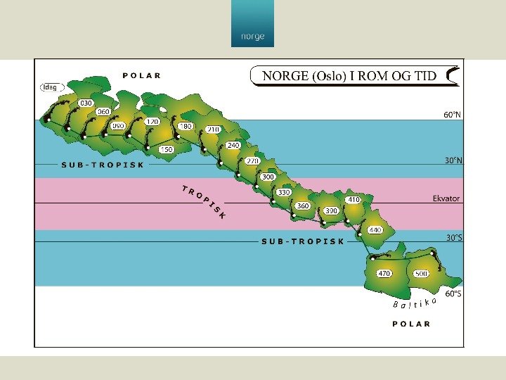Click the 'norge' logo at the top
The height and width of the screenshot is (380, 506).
(252, 36)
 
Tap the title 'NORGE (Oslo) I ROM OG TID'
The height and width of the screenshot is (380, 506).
(349, 76)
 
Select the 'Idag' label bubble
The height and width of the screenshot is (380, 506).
(51, 88)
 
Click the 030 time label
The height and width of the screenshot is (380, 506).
(86, 103)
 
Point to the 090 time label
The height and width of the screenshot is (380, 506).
(118, 125)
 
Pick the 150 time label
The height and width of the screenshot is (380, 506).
(167, 149)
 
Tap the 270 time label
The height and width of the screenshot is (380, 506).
(252, 160)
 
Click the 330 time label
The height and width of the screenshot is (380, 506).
(284, 191)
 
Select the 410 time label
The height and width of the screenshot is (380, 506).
(353, 200)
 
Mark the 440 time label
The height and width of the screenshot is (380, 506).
(375, 230)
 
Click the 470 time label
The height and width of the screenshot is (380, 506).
(384, 273)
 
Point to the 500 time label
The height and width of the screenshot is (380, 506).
(422, 273)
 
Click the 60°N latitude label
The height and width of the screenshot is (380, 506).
(453, 114)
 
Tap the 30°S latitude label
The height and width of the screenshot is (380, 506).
(454, 238)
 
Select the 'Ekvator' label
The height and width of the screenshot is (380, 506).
(446, 198)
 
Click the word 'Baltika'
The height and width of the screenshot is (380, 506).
(415, 303)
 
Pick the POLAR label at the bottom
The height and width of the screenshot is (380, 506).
(411, 324)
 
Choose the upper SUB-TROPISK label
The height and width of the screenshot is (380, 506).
(103, 165)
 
